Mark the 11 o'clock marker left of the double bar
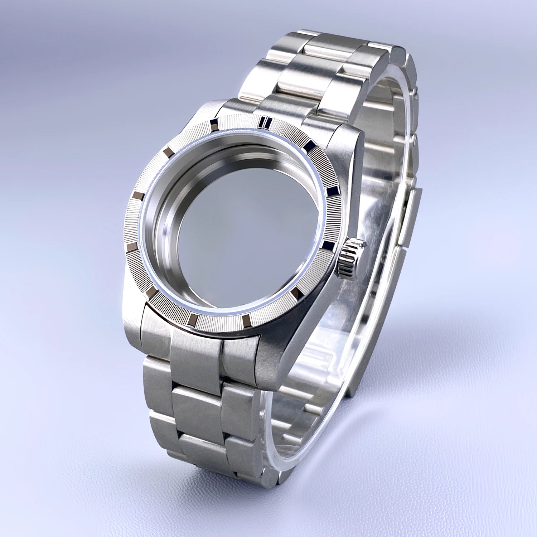(x=214, y=124)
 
